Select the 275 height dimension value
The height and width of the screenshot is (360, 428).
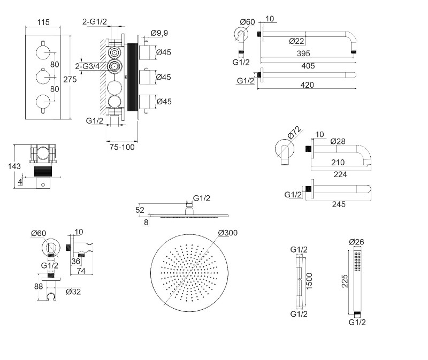point(70,79)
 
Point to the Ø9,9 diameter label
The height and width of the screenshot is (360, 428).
point(159,34)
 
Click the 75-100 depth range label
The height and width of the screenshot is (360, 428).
point(122,147)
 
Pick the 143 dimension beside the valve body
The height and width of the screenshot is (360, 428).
point(14,166)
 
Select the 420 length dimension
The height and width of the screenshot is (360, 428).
point(307,85)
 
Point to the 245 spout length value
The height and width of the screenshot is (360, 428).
point(338,204)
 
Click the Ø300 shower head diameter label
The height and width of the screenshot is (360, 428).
point(228,233)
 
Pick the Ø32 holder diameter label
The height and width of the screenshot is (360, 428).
point(73,292)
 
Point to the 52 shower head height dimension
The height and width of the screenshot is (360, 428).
point(140,209)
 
